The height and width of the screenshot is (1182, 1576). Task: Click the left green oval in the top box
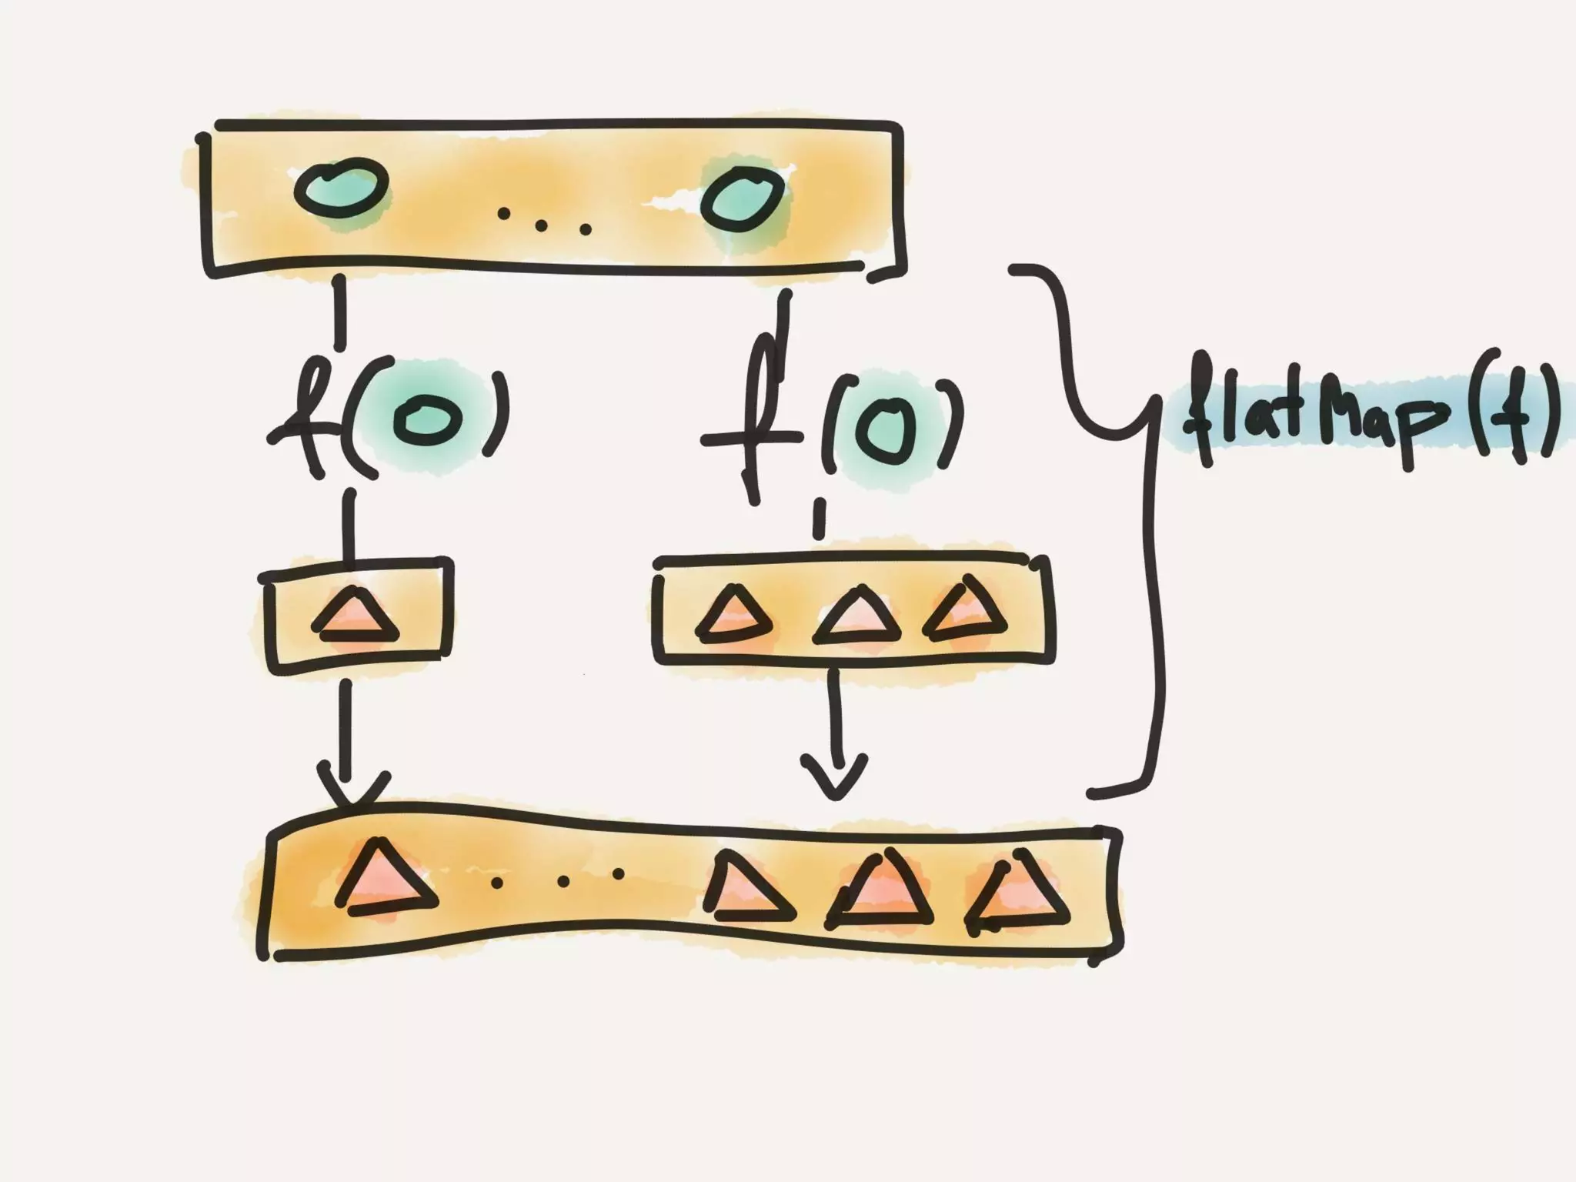pyautogui.click(x=342, y=189)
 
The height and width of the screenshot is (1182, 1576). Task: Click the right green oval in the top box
pyautogui.click(x=742, y=197)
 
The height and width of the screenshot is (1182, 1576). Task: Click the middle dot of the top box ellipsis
pyautogui.click(x=542, y=225)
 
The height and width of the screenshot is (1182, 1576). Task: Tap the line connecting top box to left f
pyautogui.click(x=339, y=312)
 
